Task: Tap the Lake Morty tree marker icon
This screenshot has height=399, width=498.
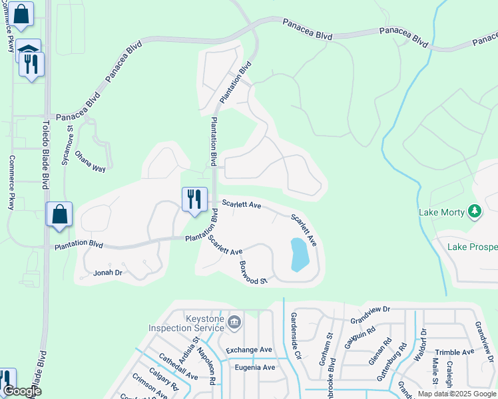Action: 474,212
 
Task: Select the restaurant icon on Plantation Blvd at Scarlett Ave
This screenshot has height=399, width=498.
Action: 194,199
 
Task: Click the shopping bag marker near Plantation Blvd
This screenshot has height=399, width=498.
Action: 59,215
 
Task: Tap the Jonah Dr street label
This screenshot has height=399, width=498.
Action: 108,273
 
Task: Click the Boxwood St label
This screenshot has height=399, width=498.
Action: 253,273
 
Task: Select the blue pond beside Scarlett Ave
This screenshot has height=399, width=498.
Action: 300,255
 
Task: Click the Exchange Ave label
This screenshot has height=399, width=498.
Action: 249,350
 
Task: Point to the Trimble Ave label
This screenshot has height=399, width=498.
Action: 454,352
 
